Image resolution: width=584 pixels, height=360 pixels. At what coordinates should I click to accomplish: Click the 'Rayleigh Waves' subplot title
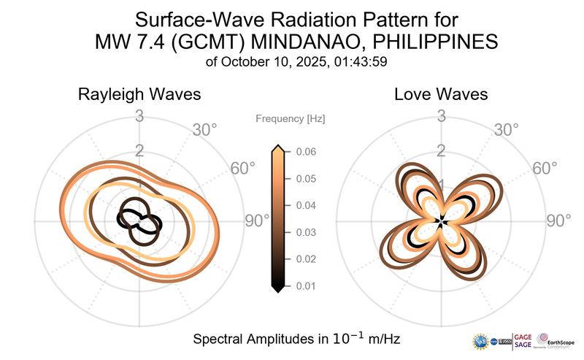click(139, 95)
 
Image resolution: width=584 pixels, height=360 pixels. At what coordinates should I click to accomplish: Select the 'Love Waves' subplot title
click(441, 95)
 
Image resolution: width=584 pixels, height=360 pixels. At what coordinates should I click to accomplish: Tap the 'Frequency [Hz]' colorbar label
click(290, 118)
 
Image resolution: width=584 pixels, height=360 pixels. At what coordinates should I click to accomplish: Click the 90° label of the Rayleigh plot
click(257, 221)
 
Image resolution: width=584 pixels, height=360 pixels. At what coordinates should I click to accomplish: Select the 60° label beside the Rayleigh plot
click(242, 169)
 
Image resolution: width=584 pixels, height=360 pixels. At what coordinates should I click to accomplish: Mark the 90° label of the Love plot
click(560, 221)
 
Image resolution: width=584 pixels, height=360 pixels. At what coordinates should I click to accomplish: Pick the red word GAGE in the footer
click(524, 335)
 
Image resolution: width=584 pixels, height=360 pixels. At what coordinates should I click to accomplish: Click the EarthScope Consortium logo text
click(561, 342)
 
